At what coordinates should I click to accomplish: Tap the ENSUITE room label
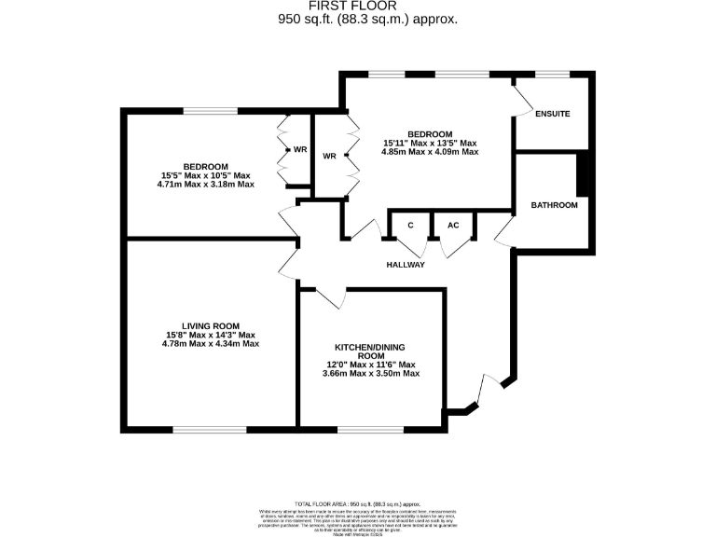tap(552, 114)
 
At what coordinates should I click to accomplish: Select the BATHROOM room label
tap(554, 205)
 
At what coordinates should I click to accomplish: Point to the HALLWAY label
tap(406, 265)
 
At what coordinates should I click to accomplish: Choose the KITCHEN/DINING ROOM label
tap(371, 350)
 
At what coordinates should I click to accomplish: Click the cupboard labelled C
tap(410, 226)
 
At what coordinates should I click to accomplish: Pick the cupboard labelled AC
tap(453, 226)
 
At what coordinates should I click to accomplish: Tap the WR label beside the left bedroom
tap(300, 149)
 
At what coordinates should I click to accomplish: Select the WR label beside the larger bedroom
tap(329, 156)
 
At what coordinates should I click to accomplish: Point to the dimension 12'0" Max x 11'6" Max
tap(371, 365)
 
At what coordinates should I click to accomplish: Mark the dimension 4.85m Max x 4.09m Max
tap(430, 151)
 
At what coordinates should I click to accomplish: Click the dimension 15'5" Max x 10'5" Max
tap(206, 175)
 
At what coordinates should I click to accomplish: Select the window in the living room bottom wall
tap(210, 430)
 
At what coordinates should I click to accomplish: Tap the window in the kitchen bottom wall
tap(370, 430)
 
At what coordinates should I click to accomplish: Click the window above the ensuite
tap(551, 74)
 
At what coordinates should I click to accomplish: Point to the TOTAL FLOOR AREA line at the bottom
tap(359, 502)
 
